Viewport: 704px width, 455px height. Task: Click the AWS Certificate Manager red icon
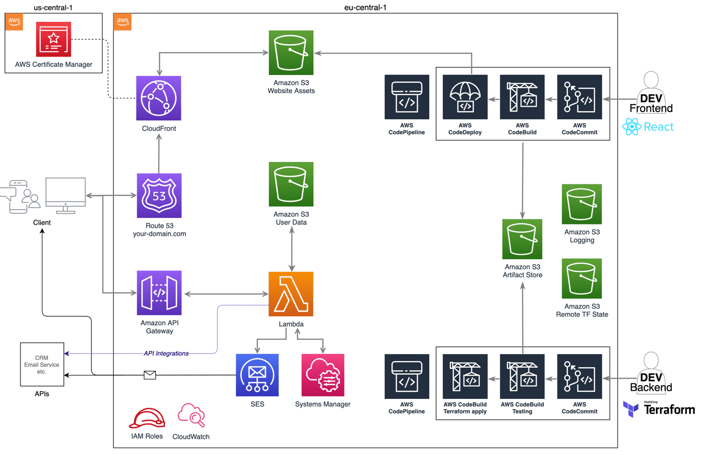54,39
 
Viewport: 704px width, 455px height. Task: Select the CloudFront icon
159,98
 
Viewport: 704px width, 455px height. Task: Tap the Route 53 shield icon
159,195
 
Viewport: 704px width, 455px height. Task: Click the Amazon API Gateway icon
159,293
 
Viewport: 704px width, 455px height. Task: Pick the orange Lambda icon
291,294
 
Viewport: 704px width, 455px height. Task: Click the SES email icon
257,375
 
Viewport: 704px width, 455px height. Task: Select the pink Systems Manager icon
323,375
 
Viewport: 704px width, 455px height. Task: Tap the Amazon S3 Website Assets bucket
291,53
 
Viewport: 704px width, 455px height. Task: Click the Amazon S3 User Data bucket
291,184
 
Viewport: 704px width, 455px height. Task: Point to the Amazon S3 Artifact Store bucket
522,239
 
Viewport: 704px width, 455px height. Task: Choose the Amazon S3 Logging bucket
581,204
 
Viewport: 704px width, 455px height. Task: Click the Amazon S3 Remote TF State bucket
581,279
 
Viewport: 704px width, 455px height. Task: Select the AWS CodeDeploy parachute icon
465,97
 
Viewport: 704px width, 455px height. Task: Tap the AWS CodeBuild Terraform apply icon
465,376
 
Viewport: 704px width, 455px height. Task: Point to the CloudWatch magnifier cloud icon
191,415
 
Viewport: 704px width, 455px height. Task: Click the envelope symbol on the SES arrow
150,375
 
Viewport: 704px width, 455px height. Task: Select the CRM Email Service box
42,364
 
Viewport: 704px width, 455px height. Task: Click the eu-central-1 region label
365,7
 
